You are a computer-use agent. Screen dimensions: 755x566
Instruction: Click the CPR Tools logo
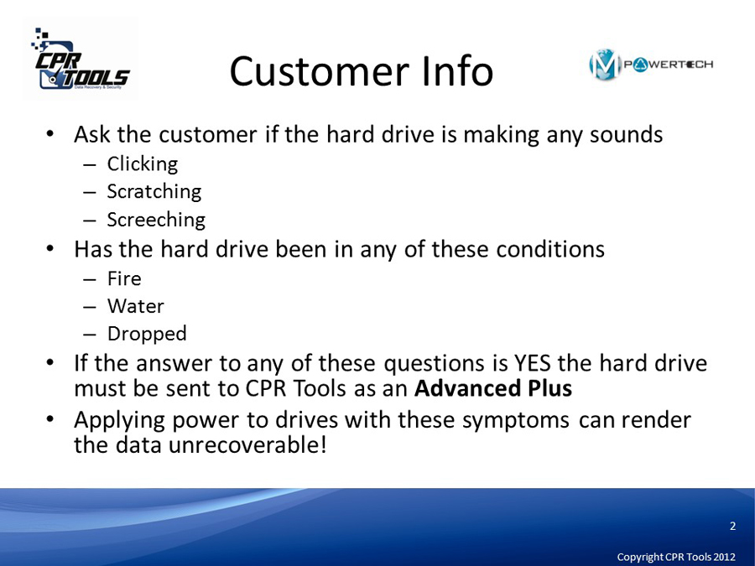(x=81, y=59)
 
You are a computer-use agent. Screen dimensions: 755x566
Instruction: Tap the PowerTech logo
(x=650, y=65)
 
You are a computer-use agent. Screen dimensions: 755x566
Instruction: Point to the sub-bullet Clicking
(x=143, y=164)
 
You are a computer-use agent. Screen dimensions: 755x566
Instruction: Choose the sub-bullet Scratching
(x=154, y=191)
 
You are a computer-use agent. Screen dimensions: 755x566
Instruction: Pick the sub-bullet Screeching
(x=156, y=220)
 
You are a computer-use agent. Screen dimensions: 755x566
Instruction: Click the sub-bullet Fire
(x=124, y=278)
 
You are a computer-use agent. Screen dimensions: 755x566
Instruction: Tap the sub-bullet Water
(x=136, y=306)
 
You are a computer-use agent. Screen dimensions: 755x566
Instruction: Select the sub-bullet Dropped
(x=147, y=334)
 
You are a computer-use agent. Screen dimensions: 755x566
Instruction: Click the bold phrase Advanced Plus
(x=493, y=388)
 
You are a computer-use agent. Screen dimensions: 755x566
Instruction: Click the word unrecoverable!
(x=248, y=444)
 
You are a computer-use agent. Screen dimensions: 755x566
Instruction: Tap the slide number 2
(x=733, y=526)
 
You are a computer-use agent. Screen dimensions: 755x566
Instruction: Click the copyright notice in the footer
(x=676, y=557)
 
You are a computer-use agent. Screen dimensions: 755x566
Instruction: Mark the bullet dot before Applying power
(x=49, y=420)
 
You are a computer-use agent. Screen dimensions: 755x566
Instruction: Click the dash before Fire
(x=90, y=279)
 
